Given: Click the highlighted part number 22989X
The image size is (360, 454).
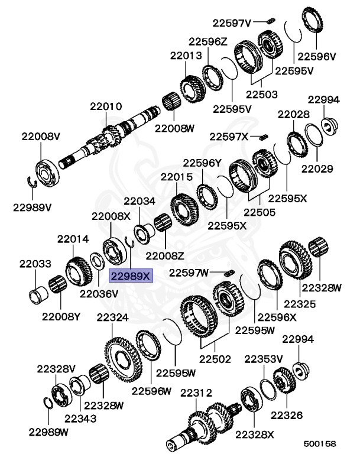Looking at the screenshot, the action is click(x=131, y=276).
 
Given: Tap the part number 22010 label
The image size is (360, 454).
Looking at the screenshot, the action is click(x=106, y=106).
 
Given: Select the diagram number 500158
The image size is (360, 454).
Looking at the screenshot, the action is click(x=320, y=443).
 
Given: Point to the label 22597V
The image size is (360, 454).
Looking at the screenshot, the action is click(x=232, y=22).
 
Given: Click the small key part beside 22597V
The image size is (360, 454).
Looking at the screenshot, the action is click(x=271, y=21).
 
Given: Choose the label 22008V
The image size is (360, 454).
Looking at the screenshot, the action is click(x=41, y=137).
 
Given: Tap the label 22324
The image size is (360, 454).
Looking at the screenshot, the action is click(x=112, y=317).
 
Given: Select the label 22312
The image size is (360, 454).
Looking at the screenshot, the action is click(x=196, y=393).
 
